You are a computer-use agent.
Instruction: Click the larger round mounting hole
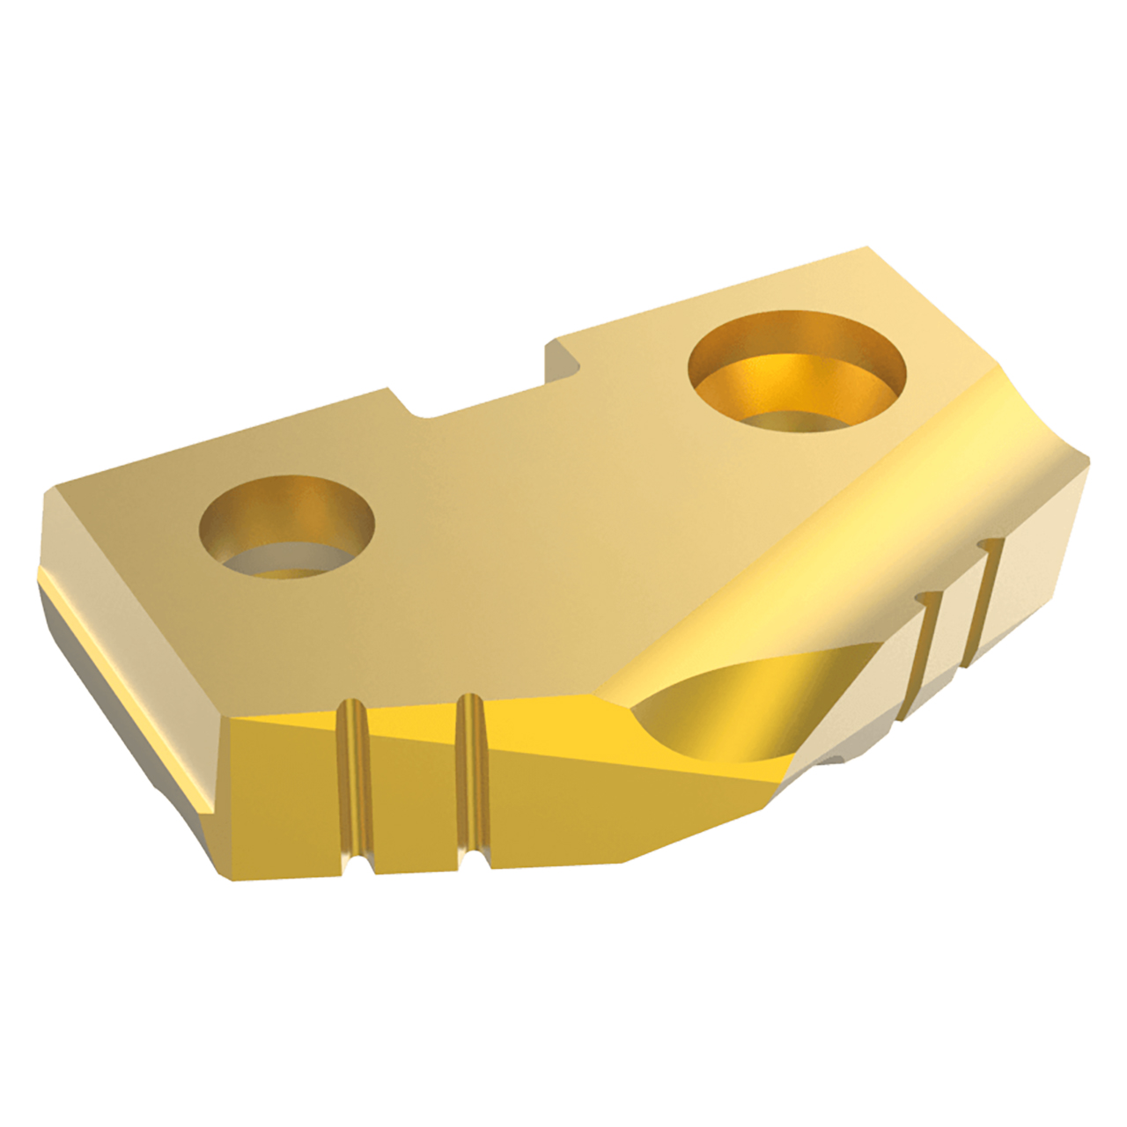click(x=797, y=374)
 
